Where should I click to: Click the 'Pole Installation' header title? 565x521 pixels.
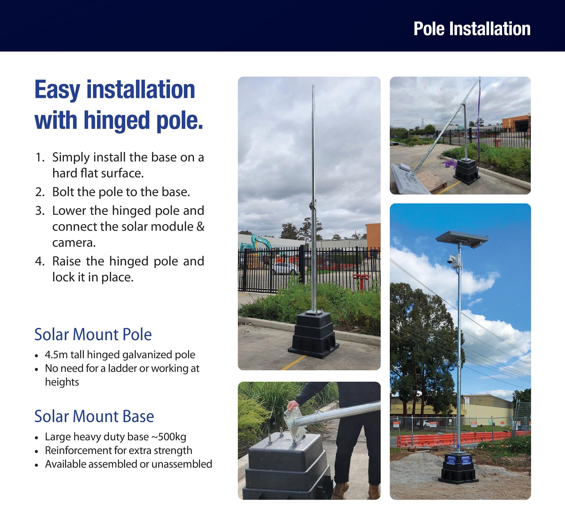click(472, 29)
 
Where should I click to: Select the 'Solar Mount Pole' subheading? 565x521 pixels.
click(93, 335)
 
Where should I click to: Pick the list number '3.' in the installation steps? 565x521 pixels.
click(40, 211)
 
